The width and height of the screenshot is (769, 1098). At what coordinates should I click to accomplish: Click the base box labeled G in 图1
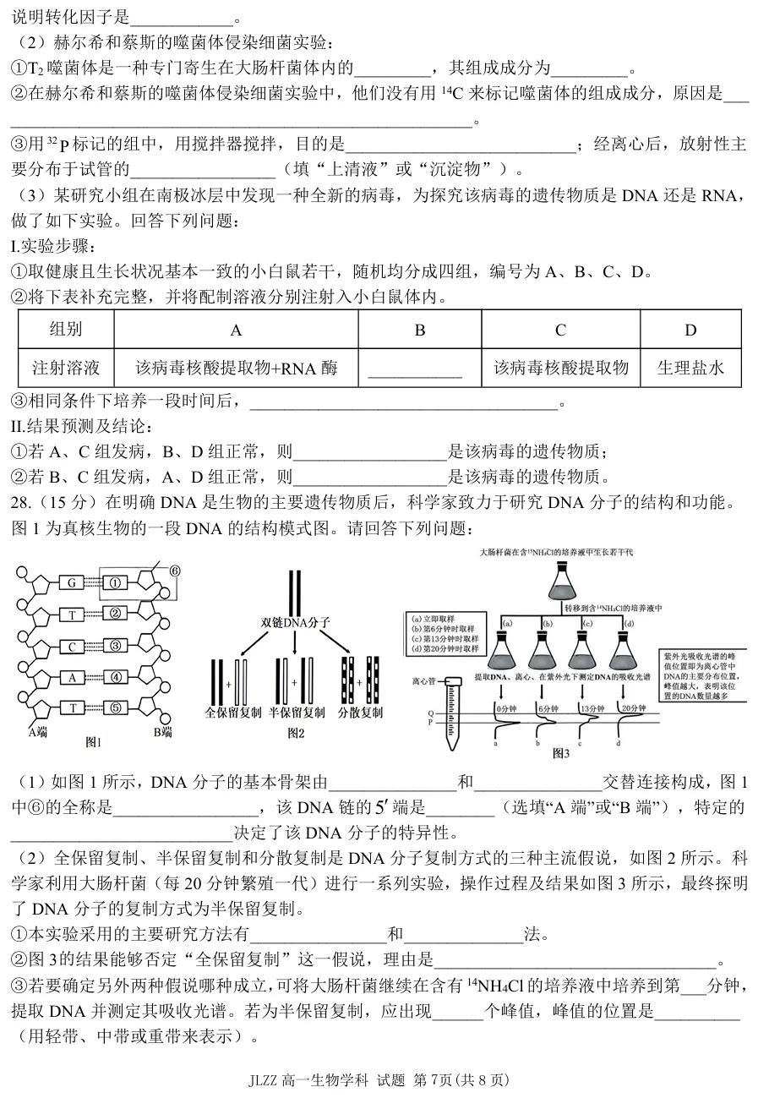coord(72,582)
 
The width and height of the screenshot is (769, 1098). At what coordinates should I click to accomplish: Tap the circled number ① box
coord(117,582)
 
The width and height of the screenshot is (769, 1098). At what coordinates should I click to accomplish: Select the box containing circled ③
coord(117,647)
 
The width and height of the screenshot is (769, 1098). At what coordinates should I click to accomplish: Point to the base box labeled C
coord(72,647)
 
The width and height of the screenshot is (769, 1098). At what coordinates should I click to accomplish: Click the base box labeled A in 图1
coord(72,677)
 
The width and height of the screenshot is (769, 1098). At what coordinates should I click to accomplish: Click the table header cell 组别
coord(66,330)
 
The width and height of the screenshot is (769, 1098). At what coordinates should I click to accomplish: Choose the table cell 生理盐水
coord(690,368)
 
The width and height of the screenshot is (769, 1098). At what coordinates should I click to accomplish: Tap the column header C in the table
coord(560,330)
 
